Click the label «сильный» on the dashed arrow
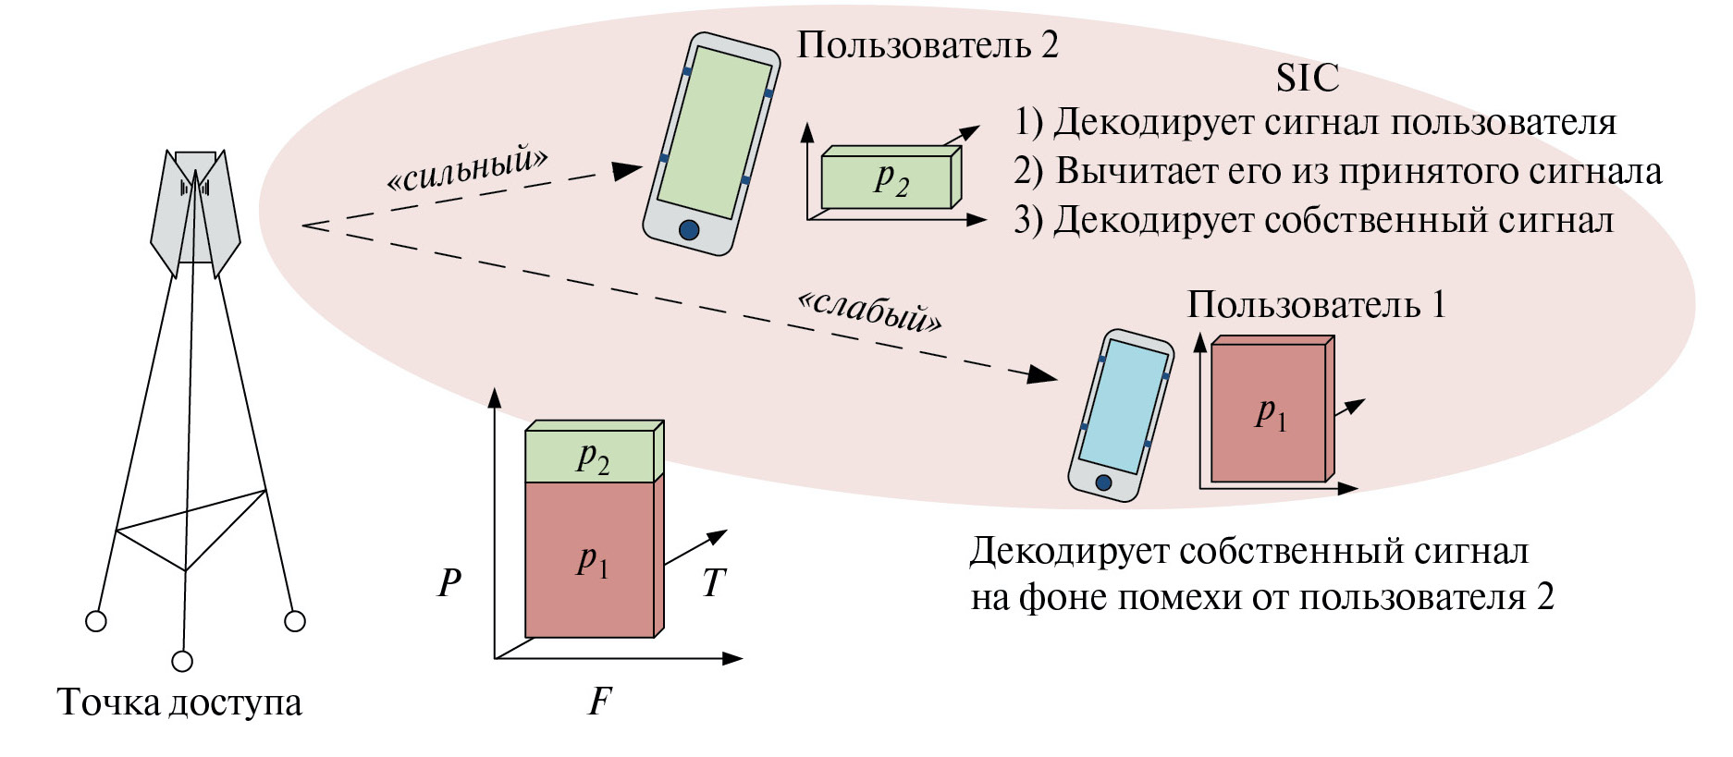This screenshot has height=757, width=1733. [467, 167]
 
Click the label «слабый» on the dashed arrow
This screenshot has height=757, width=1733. [869, 311]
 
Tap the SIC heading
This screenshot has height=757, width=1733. [1307, 79]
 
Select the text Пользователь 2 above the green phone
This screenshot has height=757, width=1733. [928, 45]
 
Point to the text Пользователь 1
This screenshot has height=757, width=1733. [1316, 304]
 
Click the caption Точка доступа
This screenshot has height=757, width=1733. [179, 702]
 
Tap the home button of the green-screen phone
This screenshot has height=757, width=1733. [689, 229]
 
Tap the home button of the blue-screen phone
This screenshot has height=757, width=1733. [1102, 482]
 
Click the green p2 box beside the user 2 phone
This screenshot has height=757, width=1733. [887, 181]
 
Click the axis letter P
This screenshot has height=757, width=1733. [449, 582]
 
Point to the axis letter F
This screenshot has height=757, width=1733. [599, 702]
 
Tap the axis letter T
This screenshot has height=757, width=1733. [713, 582]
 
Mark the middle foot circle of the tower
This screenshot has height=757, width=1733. [183, 661]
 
